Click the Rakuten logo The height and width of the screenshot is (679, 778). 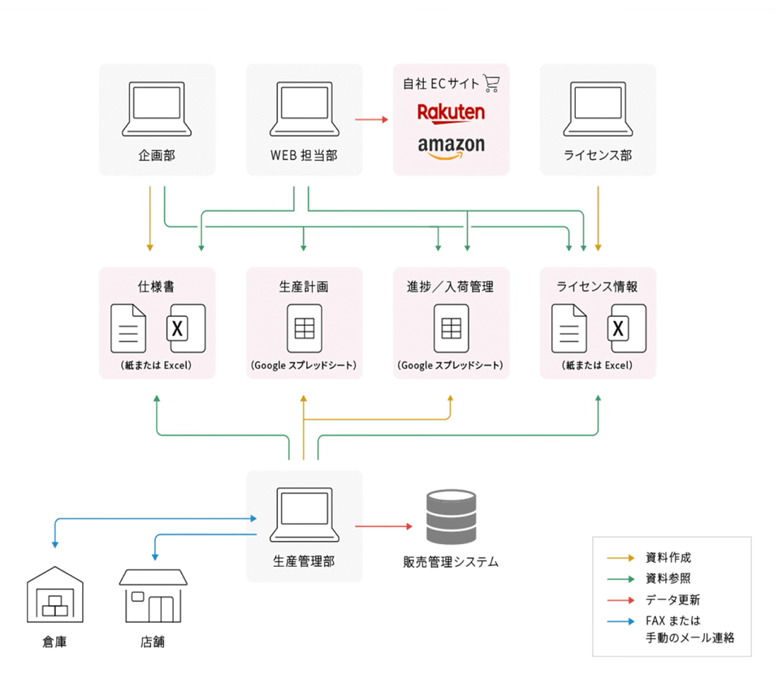[x=451, y=111]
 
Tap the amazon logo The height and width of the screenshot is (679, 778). [x=451, y=146]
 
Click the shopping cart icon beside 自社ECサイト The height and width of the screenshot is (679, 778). [x=491, y=82]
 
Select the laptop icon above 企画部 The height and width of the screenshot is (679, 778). [x=157, y=108]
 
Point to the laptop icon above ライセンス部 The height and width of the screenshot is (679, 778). [x=598, y=108]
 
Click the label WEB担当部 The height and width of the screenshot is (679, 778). [x=303, y=155]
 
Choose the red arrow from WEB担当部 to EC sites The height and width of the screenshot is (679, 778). [x=372, y=120]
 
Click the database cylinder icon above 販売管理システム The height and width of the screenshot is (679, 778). [x=451, y=516]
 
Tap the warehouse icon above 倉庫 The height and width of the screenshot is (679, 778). [x=55, y=596]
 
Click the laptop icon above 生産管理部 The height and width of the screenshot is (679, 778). [x=304, y=514]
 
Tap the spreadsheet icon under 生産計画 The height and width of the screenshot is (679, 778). [x=304, y=328]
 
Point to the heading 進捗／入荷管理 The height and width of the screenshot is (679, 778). [x=450, y=287]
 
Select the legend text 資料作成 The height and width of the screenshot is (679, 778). [x=668, y=558]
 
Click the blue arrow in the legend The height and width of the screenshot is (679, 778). [x=622, y=621]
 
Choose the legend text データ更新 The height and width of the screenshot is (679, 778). [x=672, y=600]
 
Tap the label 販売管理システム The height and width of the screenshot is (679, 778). [x=451, y=561]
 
